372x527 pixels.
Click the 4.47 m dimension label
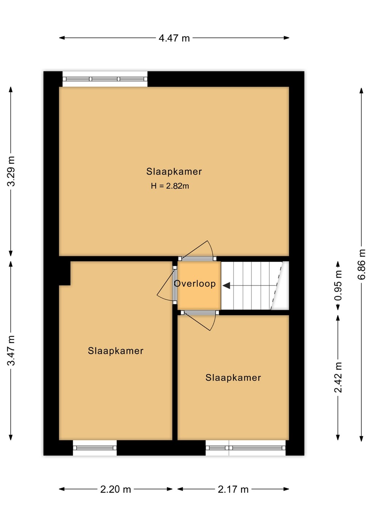click(x=174, y=38)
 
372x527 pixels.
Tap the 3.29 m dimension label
click(x=11, y=171)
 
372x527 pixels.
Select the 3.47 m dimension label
click(x=11, y=351)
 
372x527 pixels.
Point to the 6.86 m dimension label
click(x=361, y=264)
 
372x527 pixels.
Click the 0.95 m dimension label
click(x=338, y=285)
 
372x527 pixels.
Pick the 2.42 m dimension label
click(x=338, y=377)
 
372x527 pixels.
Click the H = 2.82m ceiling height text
click(x=170, y=186)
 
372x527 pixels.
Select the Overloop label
click(x=195, y=284)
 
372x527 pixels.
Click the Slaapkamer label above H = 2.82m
click(x=174, y=172)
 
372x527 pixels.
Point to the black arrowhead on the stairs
click(x=227, y=285)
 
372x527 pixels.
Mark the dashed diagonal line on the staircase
click(x=276, y=285)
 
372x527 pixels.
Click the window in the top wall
click(x=105, y=79)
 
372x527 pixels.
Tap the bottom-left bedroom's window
click(x=95, y=448)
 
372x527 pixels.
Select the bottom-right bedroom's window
click(x=246, y=448)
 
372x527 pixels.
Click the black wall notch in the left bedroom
click(x=65, y=273)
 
